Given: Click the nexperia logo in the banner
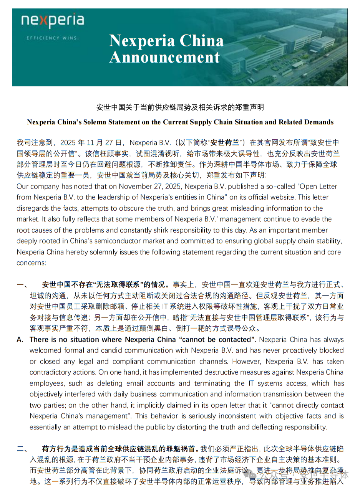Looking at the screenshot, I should point(53,21).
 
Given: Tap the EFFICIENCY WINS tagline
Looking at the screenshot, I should point(52,38).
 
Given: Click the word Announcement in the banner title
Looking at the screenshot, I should point(164,58).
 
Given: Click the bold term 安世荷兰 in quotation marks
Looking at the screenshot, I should point(226,142).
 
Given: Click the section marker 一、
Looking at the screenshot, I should point(22,285).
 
